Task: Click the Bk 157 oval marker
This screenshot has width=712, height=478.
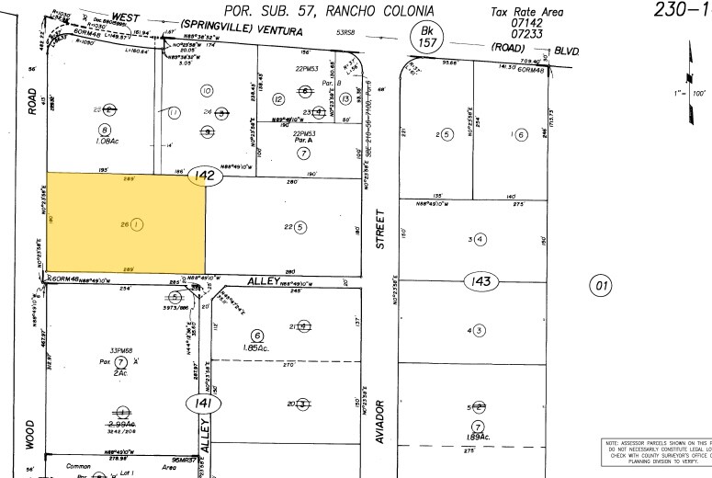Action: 425,38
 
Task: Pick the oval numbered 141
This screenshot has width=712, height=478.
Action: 199,403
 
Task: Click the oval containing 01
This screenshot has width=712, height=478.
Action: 603,287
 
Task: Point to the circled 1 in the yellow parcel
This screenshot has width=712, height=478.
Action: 137,223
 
